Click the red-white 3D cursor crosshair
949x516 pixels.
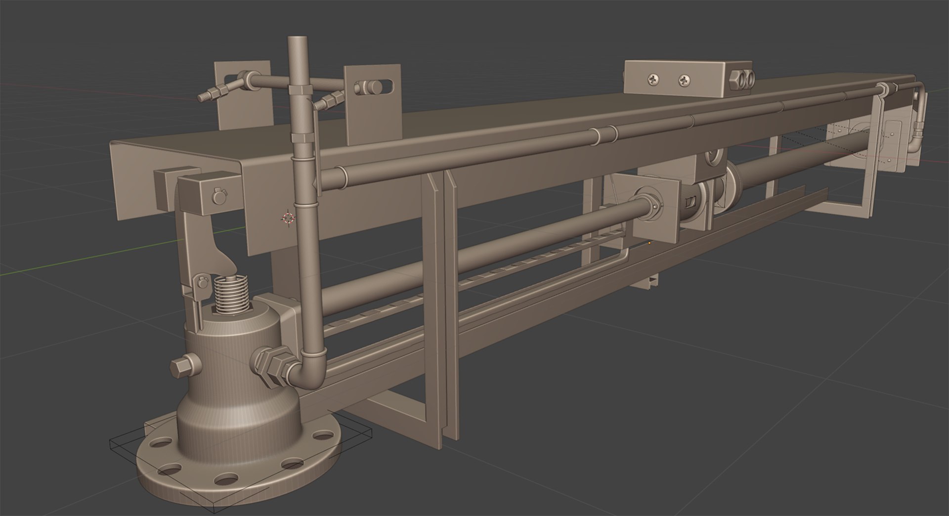tap(288, 217)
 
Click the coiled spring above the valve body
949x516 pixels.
tap(230, 294)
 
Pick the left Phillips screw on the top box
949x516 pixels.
tap(653, 79)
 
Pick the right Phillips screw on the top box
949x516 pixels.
tap(684, 80)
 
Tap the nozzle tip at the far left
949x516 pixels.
tap(201, 97)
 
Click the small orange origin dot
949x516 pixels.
tap(649, 243)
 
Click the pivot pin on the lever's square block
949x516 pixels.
tap(217, 196)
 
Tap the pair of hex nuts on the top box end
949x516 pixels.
tap(742, 79)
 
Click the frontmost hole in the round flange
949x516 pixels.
tap(227, 479)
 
